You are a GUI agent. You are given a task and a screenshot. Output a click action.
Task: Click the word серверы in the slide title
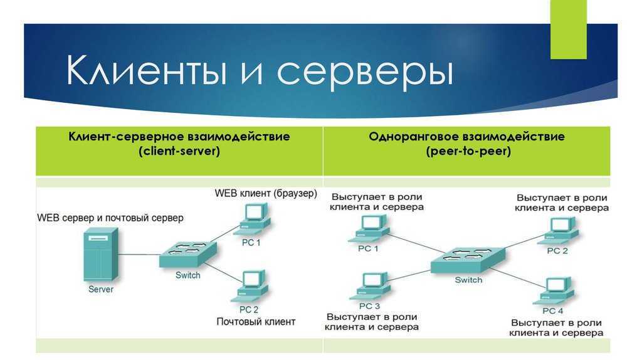coord(366,73)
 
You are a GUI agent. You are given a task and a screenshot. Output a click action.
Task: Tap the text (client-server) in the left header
coord(179,151)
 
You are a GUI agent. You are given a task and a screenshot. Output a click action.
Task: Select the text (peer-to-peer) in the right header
coord(468,151)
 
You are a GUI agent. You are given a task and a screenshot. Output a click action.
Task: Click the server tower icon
coord(101,255)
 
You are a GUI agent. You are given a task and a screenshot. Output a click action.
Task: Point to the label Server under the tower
coord(101,289)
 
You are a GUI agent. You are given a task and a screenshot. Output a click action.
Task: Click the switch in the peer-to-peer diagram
coord(468,260)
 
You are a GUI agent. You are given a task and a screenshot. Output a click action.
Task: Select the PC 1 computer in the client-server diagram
coord(252,219)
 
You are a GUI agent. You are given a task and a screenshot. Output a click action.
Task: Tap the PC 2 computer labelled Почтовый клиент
coord(250,286)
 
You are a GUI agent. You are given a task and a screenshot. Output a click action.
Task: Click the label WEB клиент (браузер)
coord(266,193)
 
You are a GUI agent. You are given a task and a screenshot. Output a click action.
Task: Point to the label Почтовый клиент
coord(256,322)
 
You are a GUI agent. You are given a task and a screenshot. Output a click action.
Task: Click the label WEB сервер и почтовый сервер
coord(110,218)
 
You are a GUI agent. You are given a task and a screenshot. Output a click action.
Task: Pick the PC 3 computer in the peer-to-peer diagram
coord(370,286)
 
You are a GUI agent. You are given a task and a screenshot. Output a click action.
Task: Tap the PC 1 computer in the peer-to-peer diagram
coord(369,229)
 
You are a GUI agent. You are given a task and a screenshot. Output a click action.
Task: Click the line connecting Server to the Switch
coord(139,255)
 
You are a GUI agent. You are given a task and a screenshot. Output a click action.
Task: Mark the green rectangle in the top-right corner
coord(568,29)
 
